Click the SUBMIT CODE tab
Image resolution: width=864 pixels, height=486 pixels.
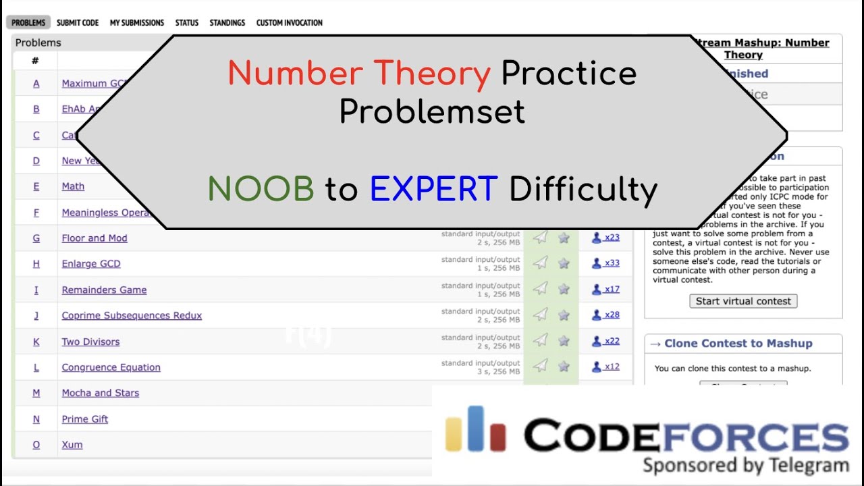pyautogui.click(x=78, y=23)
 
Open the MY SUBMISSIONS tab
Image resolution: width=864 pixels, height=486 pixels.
pyautogui.click(x=137, y=23)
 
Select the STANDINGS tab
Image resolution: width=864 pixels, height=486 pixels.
pyautogui.click(x=227, y=23)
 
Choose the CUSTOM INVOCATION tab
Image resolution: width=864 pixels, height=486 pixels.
pyautogui.click(x=290, y=23)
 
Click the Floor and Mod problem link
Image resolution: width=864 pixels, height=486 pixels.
pyautogui.click(x=94, y=238)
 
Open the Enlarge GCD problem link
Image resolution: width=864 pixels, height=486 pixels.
pyautogui.click(x=91, y=264)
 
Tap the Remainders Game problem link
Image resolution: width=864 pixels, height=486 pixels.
pyautogui.click(x=104, y=290)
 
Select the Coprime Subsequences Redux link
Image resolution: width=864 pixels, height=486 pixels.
pyautogui.click(x=132, y=316)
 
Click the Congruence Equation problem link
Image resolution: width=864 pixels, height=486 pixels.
pyautogui.click(x=111, y=368)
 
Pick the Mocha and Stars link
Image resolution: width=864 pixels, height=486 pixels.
pyautogui.click(x=101, y=394)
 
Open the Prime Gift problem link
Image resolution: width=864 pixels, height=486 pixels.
pyautogui.click(x=85, y=419)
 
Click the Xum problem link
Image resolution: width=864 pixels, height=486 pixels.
pyautogui.click(x=72, y=445)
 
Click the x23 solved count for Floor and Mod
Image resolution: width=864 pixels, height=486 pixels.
pyautogui.click(x=612, y=238)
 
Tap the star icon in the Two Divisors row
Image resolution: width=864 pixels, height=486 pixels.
pyautogui.click(x=564, y=342)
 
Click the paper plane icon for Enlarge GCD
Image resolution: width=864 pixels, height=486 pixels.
pyautogui.click(x=540, y=263)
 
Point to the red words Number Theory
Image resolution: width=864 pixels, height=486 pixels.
pyautogui.click(x=359, y=74)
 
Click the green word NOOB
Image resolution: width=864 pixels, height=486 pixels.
pyautogui.click(x=261, y=190)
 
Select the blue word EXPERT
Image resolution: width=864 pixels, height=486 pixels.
pyautogui.click(x=434, y=190)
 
